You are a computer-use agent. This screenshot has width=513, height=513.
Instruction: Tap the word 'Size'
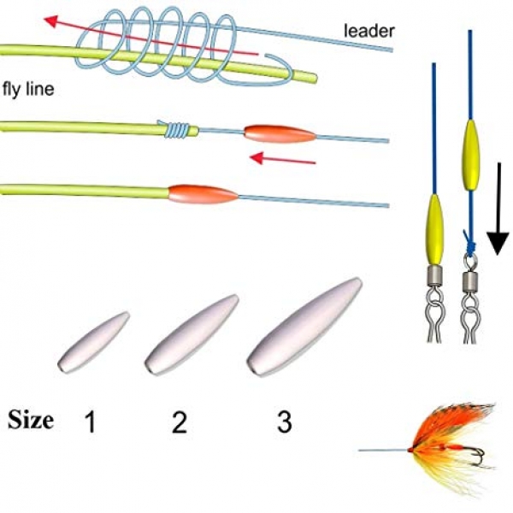[31, 420]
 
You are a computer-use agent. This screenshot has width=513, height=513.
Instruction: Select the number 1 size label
[92, 422]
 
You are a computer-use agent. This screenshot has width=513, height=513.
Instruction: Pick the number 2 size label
[179, 422]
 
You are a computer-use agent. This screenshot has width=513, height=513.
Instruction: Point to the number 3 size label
[284, 422]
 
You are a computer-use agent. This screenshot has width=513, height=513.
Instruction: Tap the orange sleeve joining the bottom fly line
[203, 194]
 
